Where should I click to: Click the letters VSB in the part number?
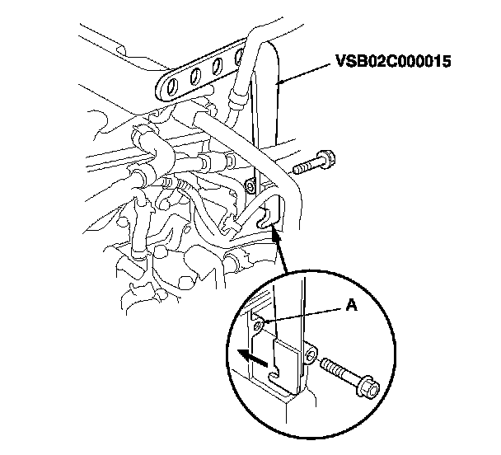[349, 63]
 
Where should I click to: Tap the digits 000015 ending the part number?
[422, 63]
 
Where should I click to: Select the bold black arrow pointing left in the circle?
[250, 356]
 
